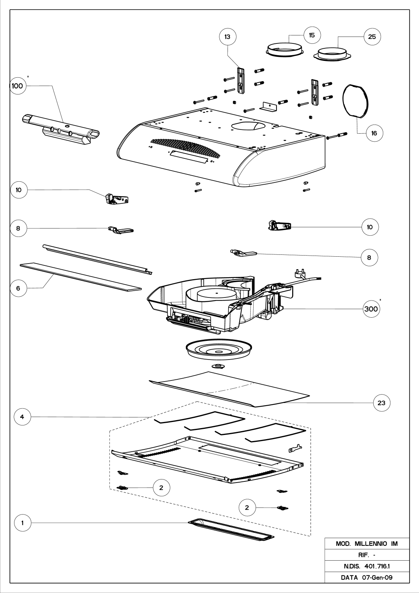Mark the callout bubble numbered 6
[19, 288]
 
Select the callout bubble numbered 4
[22, 417]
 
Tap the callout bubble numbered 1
[22, 523]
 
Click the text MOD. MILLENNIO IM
[366, 544]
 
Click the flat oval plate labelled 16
[356, 100]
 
